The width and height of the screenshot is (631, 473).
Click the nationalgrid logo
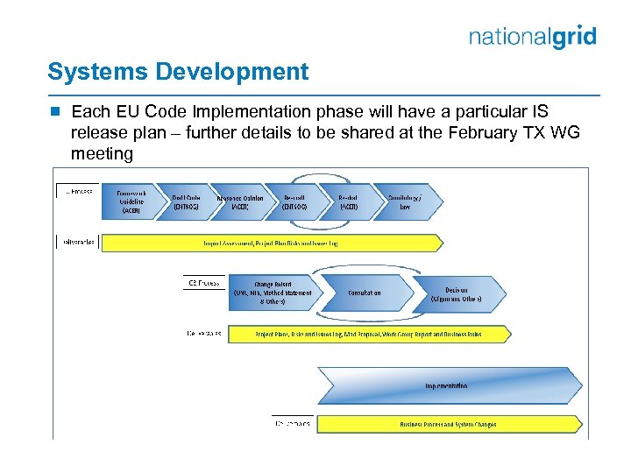click(x=532, y=37)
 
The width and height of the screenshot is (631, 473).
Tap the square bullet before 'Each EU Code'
click(x=54, y=112)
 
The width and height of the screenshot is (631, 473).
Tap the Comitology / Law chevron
click(x=406, y=201)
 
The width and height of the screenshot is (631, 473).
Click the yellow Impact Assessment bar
click(x=342, y=242)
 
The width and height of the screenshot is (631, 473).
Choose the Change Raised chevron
click(x=272, y=293)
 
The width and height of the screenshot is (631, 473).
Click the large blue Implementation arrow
click(x=447, y=385)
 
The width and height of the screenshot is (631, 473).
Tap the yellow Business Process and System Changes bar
click(x=447, y=424)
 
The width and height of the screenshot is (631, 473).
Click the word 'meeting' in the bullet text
click(x=102, y=154)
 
